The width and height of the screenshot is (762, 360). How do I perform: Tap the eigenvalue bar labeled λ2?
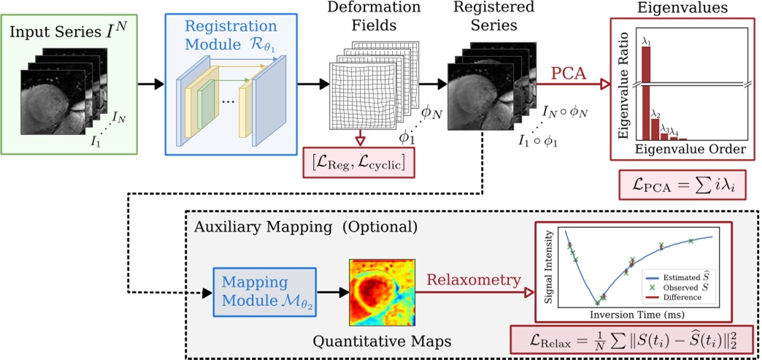(x=655, y=127)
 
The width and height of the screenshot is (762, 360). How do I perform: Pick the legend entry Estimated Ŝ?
(x=679, y=277)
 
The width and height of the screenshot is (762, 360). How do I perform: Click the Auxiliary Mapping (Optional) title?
(x=306, y=226)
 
